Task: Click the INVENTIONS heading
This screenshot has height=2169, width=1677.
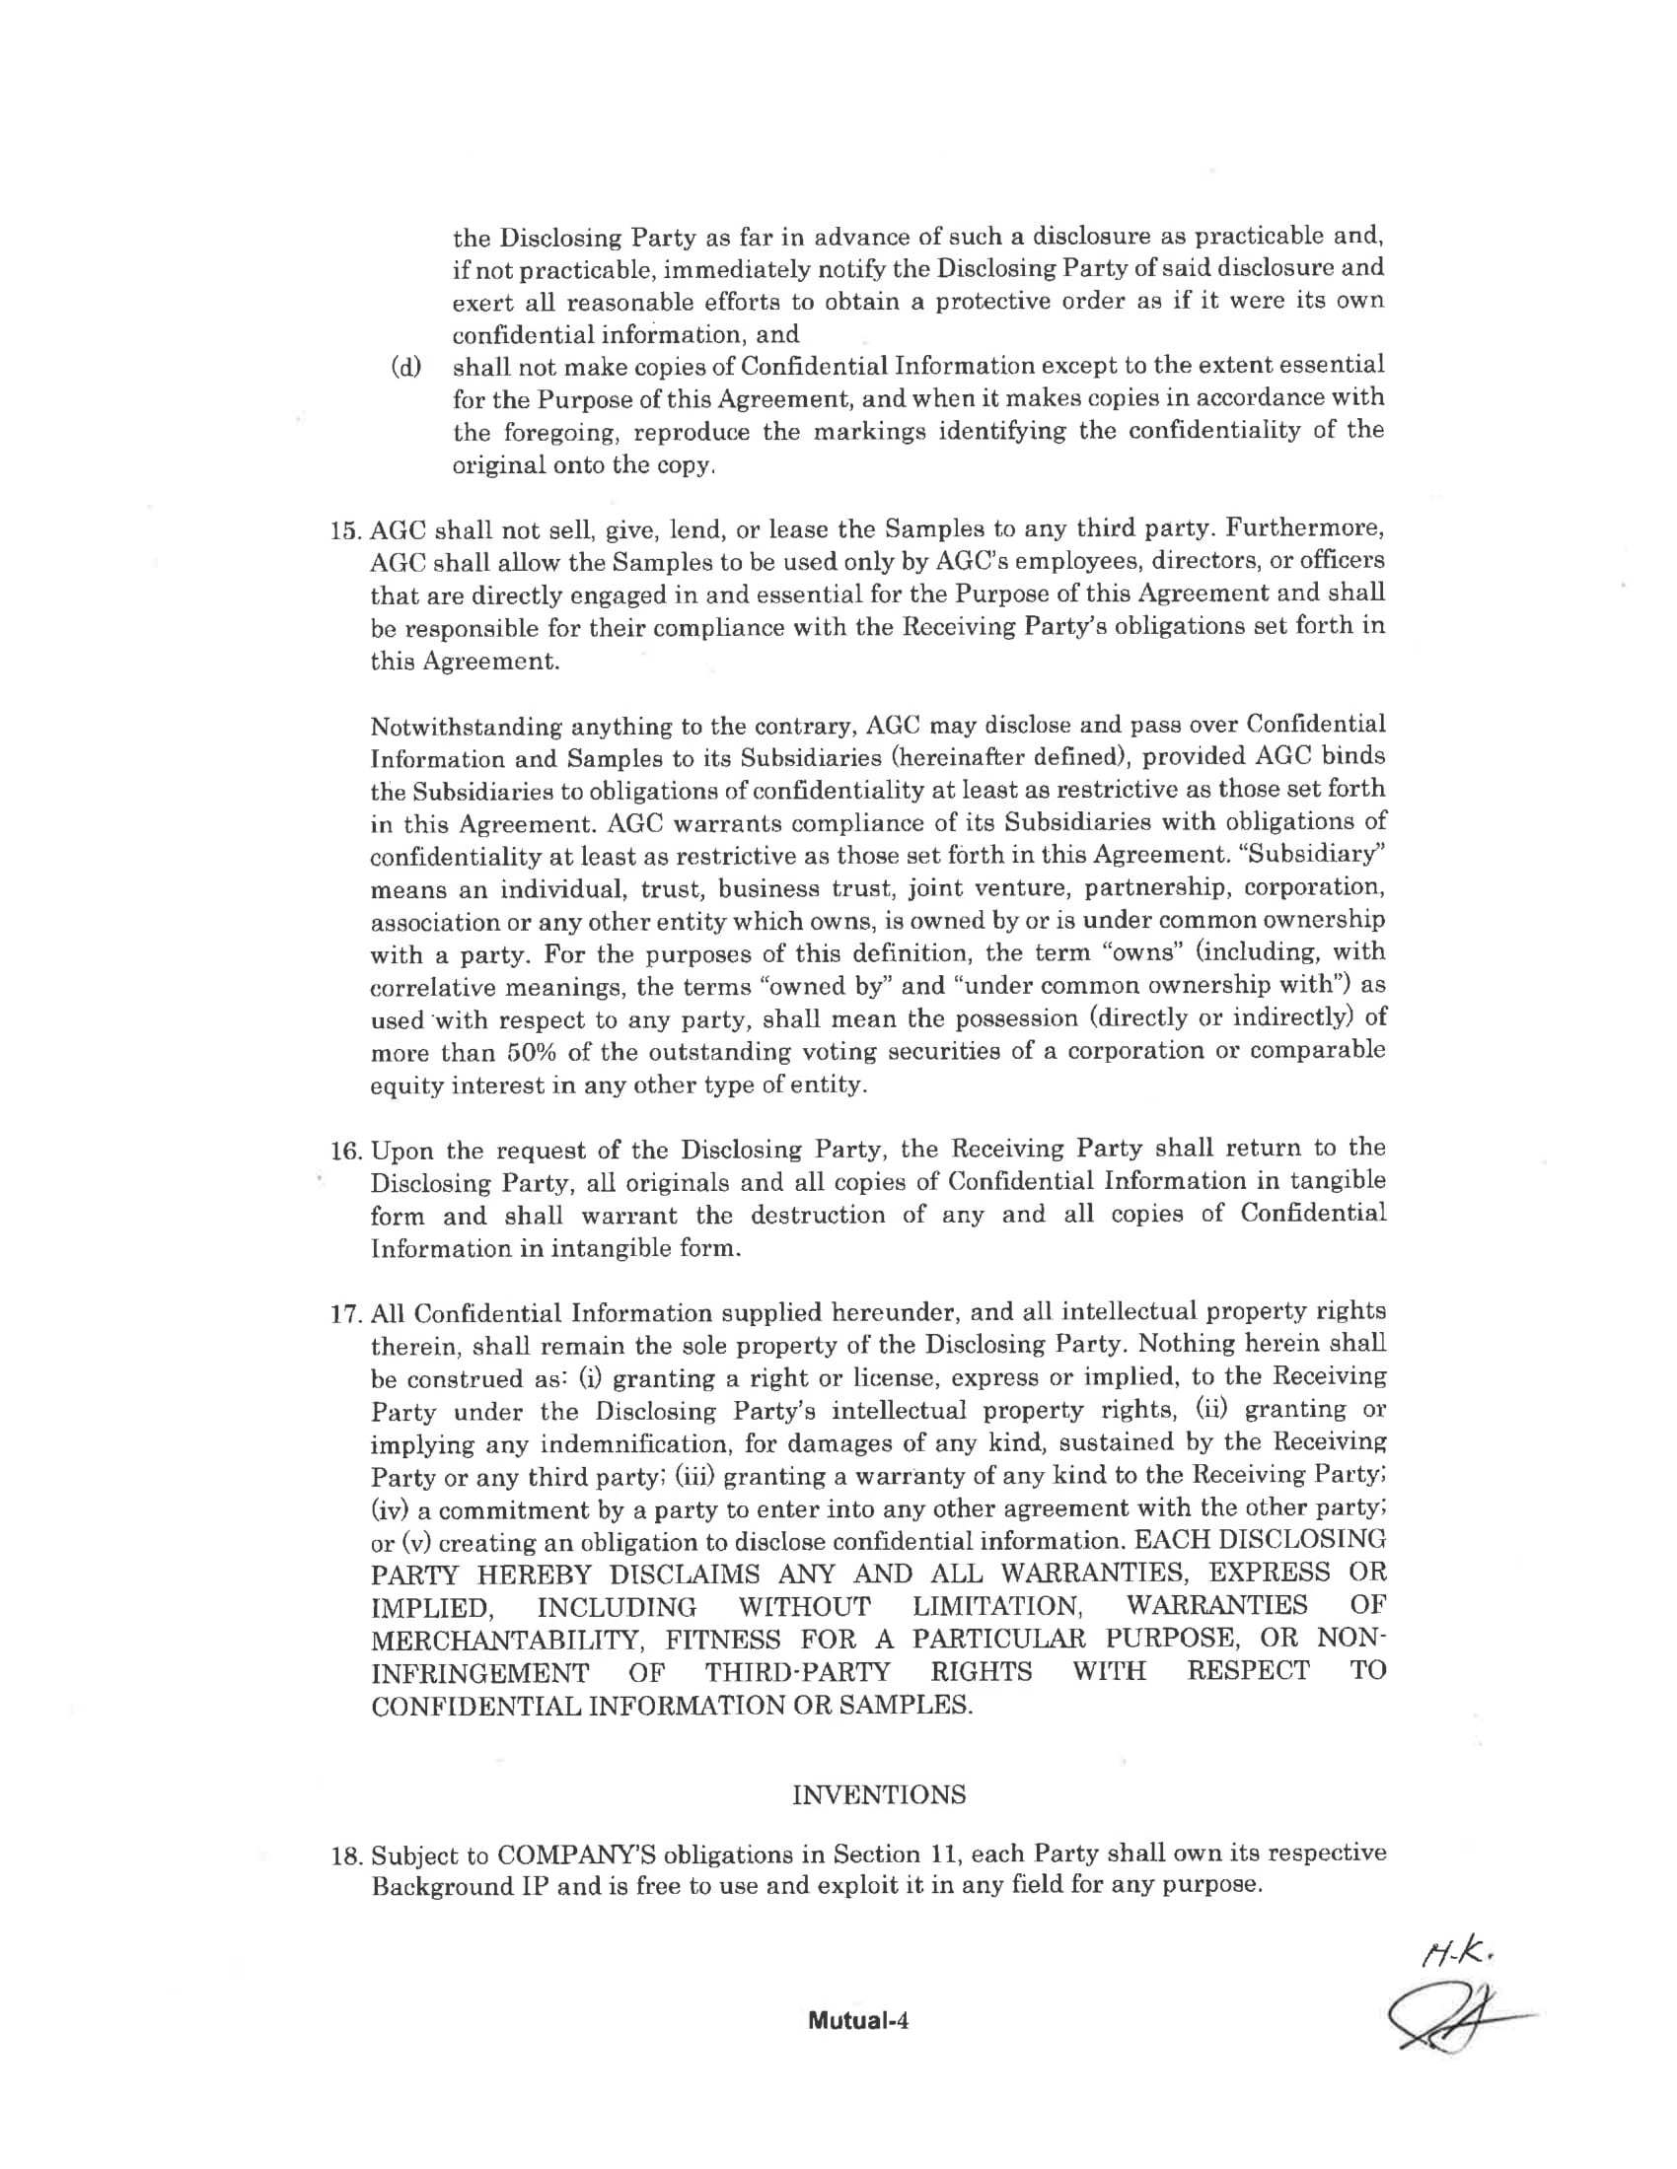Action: pyautogui.click(x=878, y=1794)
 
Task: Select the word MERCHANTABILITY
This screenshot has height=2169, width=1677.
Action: pyautogui.click(x=506, y=1639)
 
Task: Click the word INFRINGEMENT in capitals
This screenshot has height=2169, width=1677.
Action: pyautogui.click(x=479, y=1672)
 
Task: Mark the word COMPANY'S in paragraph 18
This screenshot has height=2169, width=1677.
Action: pyautogui.click(x=574, y=1855)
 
